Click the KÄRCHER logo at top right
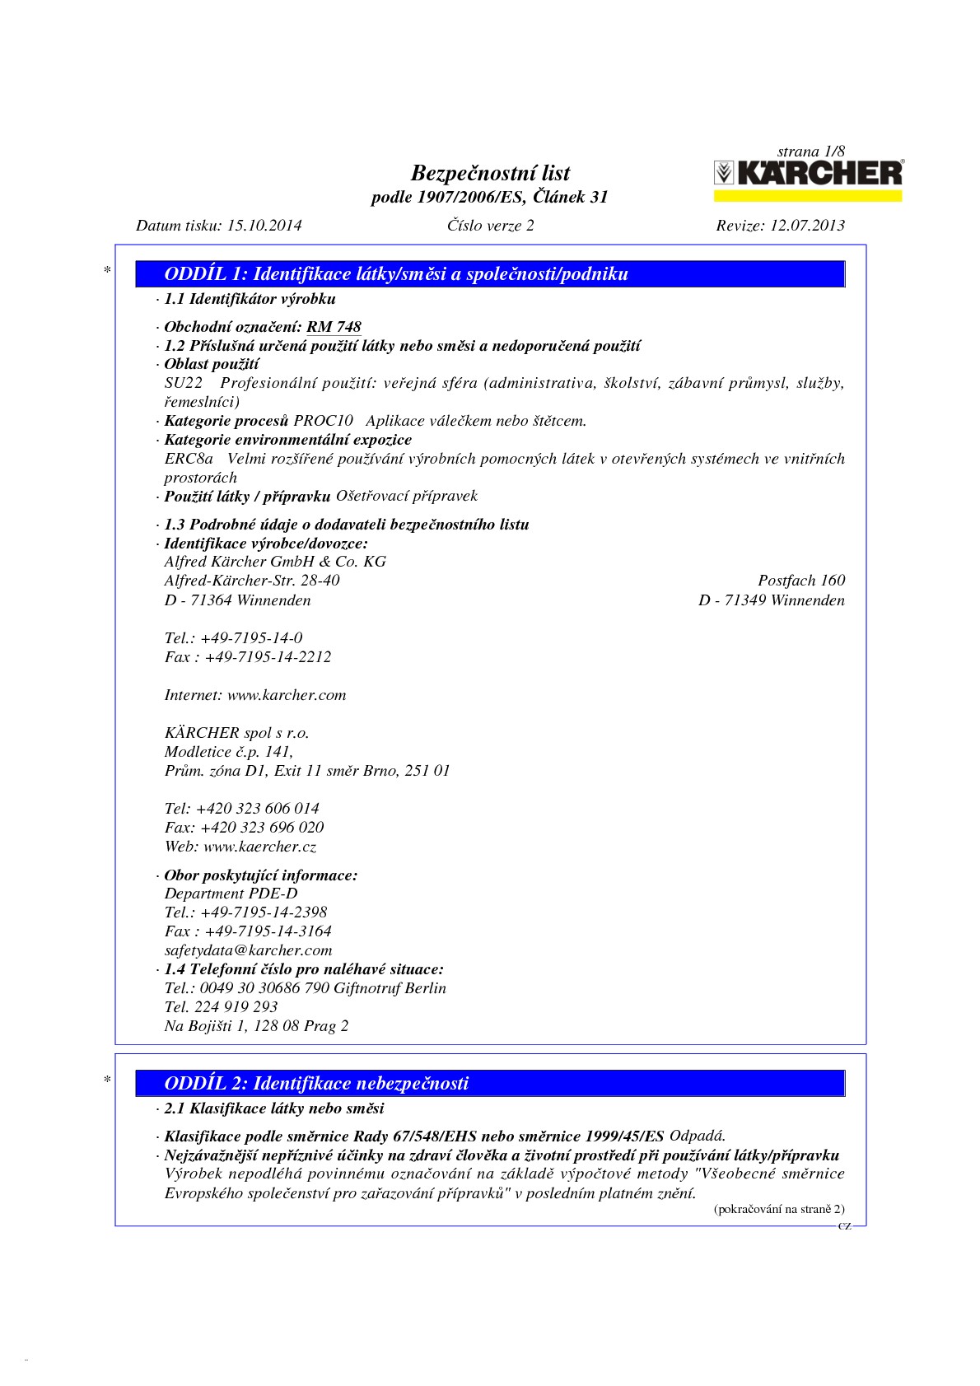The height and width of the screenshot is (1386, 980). point(807,173)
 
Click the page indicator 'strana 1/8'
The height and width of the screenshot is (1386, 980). point(810,152)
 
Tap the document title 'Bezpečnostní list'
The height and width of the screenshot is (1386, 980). point(490,173)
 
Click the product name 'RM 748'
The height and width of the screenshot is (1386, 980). point(334,327)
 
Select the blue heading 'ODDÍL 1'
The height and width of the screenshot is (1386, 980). point(396,274)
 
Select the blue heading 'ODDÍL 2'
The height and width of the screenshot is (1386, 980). point(316,1083)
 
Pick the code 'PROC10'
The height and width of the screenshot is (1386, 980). point(323,421)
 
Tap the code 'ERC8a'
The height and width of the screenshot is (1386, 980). point(189,459)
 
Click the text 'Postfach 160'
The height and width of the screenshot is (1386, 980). point(800,581)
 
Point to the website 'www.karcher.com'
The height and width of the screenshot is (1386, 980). point(287,695)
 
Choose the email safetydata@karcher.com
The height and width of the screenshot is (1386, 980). point(248,950)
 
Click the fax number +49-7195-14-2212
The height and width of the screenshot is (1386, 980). point(268,657)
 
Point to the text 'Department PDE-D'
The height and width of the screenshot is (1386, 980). point(231,894)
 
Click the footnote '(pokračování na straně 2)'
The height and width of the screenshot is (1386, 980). point(778,1209)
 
